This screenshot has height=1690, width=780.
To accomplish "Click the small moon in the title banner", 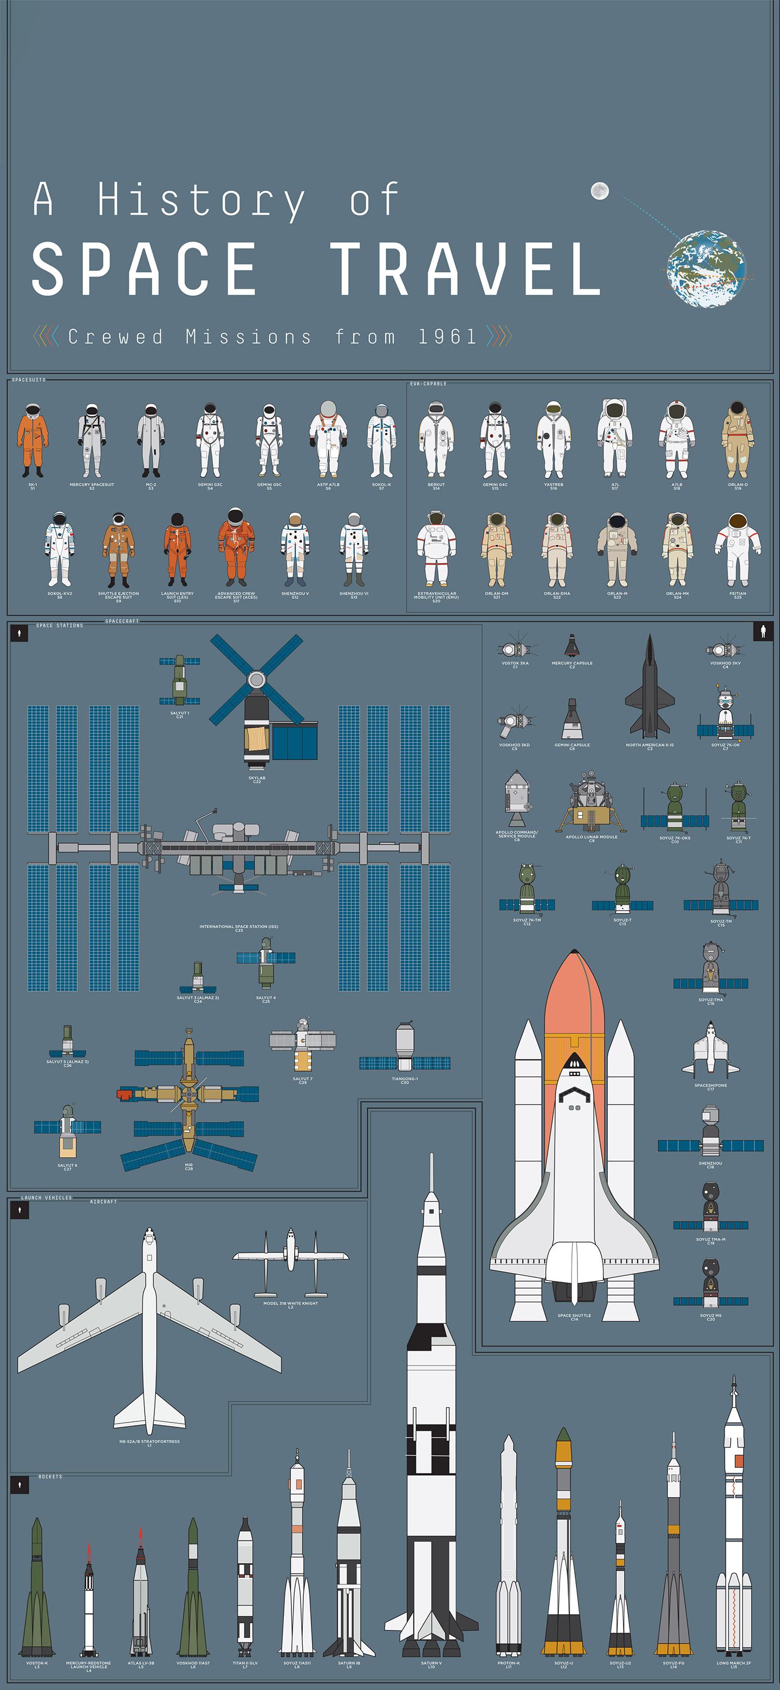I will tap(600, 191).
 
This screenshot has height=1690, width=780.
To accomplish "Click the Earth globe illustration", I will tap(706, 268).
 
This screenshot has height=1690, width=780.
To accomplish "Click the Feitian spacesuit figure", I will tap(737, 550).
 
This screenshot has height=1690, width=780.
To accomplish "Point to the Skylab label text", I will tap(257, 778).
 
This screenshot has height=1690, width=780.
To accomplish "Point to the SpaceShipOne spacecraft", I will tap(711, 1050).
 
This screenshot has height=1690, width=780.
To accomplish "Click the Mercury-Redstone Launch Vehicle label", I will tap(88, 1664).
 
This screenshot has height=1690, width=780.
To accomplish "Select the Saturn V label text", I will tap(431, 1663).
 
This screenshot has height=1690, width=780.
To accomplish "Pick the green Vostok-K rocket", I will tap(37, 1588).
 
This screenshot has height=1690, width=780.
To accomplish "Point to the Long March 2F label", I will tap(733, 1663).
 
